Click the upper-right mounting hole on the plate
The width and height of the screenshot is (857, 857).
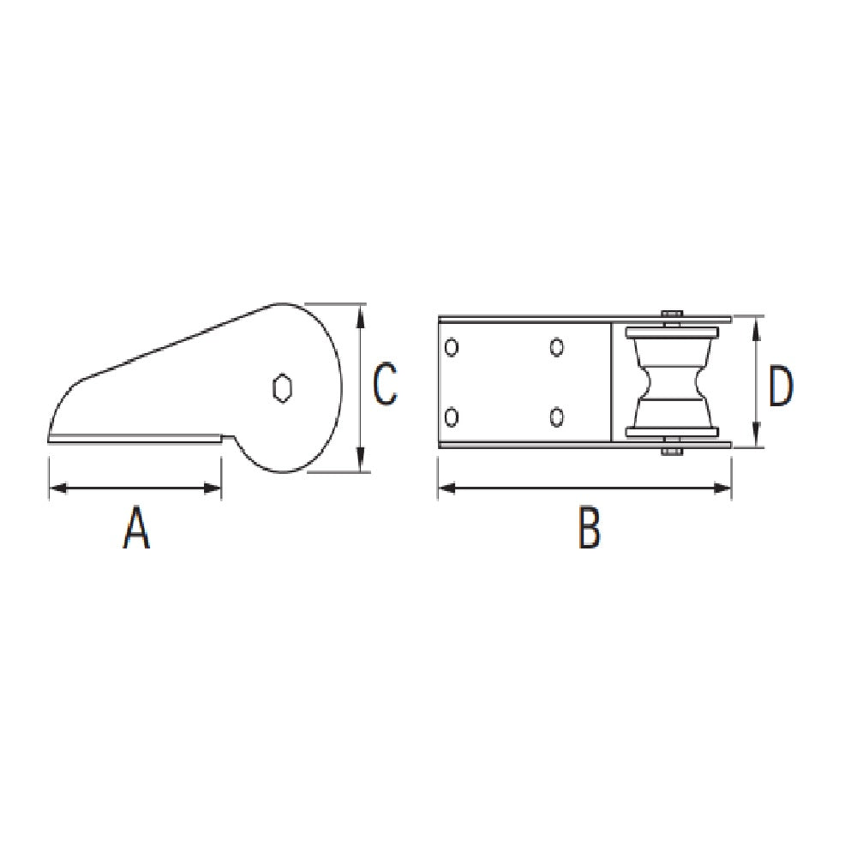(x=557, y=347)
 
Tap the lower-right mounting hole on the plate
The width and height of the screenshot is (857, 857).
(x=557, y=417)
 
